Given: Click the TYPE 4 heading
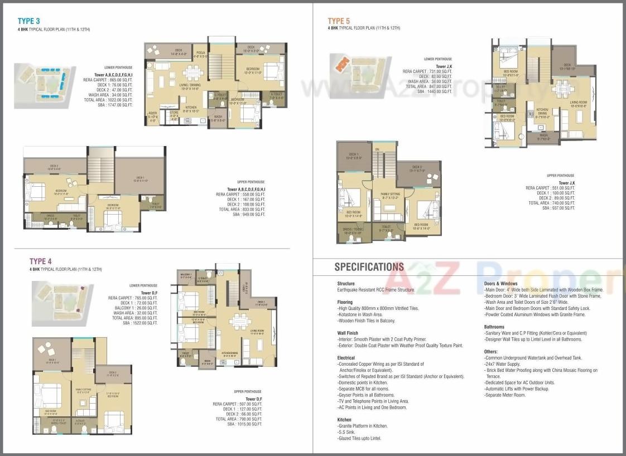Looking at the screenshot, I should (x=41, y=261).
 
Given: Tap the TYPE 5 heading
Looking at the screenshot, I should (x=339, y=21).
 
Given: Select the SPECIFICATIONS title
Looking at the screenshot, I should (x=369, y=267).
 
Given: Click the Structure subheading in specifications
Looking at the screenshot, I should (x=346, y=284).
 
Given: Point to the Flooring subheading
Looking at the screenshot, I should (x=345, y=302).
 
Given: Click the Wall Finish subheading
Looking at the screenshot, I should (x=348, y=333).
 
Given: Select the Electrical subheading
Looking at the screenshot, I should (x=346, y=358).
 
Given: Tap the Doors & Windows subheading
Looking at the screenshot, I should (x=500, y=284).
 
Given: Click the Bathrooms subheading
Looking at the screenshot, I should (x=494, y=327).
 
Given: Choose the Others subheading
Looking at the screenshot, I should (x=490, y=352).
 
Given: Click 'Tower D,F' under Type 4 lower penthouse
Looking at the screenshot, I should (x=149, y=293).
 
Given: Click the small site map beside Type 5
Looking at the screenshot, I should (x=352, y=68).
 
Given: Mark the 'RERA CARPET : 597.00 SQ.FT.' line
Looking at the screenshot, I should (x=237, y=404).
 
